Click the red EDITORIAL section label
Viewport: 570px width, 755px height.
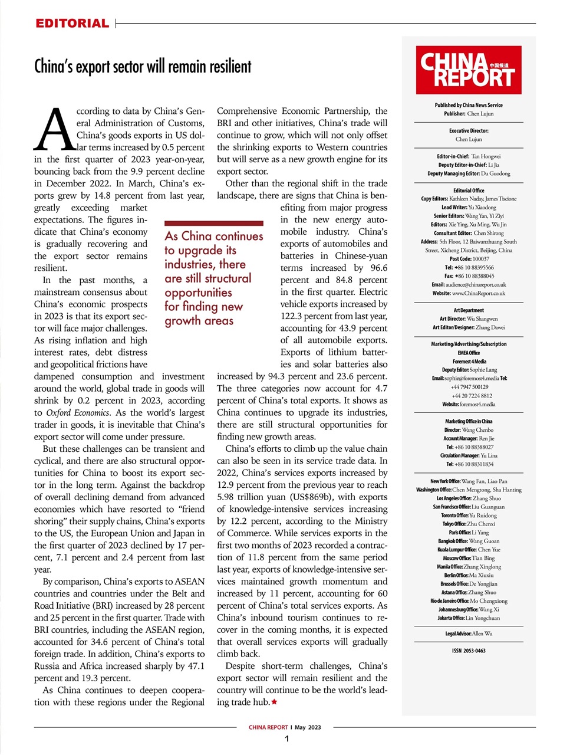72,24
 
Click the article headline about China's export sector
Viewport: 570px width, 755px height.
143,66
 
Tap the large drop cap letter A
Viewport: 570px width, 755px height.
55,129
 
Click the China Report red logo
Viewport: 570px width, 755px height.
469,70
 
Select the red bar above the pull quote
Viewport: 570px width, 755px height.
213,224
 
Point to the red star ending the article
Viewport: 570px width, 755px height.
274,702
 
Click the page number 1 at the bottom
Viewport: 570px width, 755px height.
286,739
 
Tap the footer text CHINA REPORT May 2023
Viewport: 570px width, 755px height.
285,727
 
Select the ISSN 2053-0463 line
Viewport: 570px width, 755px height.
469,651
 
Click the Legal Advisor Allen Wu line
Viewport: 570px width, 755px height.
469,633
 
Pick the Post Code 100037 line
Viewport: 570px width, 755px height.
469,258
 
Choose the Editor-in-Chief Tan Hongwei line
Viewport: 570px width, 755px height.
469,156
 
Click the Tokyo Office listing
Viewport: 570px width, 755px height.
469,524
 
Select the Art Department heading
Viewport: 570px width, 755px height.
469,310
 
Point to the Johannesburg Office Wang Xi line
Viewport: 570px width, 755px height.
469,609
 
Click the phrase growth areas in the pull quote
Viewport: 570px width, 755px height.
199,321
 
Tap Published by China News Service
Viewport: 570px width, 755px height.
469,105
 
